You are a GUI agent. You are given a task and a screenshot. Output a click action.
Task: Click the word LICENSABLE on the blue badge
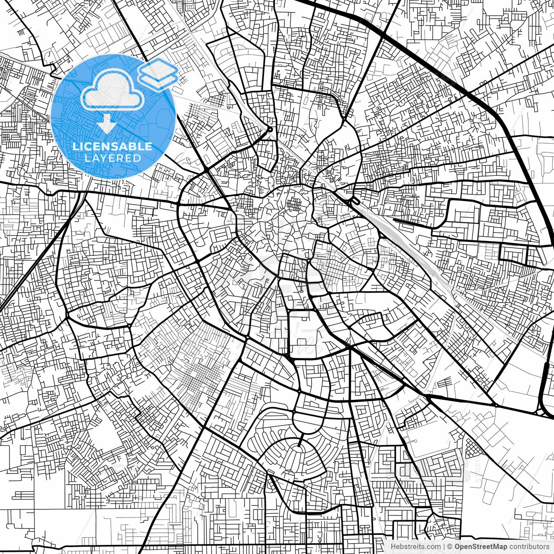pyautogui.click(x=113, y=146)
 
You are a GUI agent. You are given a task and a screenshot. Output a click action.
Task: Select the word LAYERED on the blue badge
pyautogui.click(x=113, y=158)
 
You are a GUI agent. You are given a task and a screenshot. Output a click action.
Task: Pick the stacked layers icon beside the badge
pyautogui.click(x=158, y=74)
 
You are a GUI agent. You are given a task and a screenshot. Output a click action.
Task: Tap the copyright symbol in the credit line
pyautogui.click(x=450, y=547)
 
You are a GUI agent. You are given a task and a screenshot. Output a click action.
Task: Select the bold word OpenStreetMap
pyautogui.click(x=481, y=547)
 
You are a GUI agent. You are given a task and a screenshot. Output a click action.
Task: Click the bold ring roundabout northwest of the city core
pyautogui.click(x=270, y=129)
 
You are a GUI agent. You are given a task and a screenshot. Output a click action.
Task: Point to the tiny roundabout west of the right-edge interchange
pyautogui.click(x=495, y=405)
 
